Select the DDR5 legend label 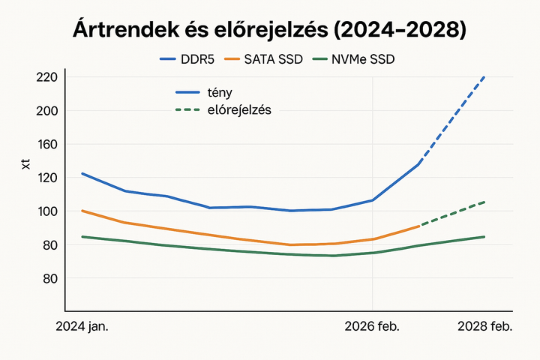(x=199, y=58)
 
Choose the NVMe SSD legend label (x=363, y=58)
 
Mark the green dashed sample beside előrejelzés (x=187, y=110)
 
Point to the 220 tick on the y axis (x=46, y=77)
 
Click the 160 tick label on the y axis (x=46, y=144)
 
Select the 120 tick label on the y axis (x=46, y=178)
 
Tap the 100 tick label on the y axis (x=46, y=211)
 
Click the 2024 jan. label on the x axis (x=82, y=327)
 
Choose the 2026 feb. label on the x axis (x=372, y=327)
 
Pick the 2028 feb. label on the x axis (x=485, y=327)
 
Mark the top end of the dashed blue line (x=485, y=76)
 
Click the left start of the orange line (x=82, y=211)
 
